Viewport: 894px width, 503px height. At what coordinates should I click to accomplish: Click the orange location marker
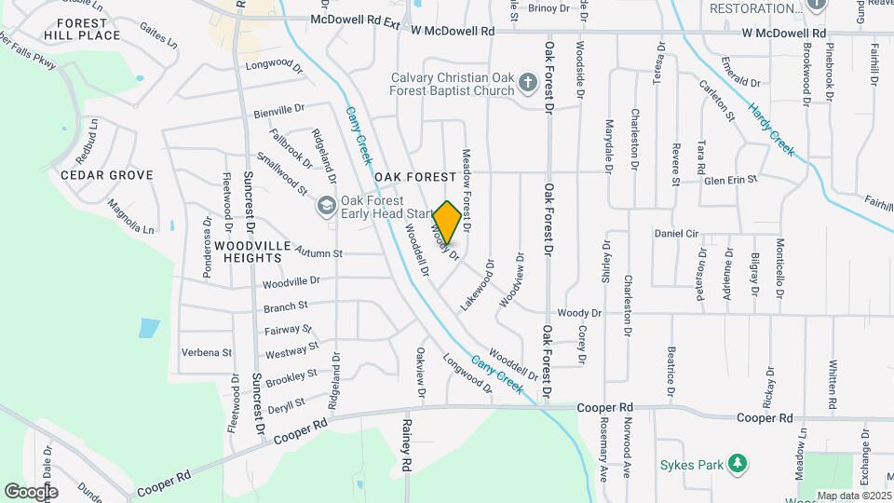(x=447, y=223)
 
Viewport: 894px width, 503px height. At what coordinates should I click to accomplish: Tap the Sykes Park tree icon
(x=738, y=462)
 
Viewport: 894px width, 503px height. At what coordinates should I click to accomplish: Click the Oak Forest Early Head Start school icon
(x=326, y=205)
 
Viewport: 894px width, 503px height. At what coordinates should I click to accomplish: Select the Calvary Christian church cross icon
(x=528, y=84)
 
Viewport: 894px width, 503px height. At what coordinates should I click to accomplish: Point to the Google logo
(x=31, y=491)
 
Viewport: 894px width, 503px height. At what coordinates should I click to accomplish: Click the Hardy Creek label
(x=772, y=129)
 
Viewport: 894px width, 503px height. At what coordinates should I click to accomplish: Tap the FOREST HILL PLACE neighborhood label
(x=88, y=28)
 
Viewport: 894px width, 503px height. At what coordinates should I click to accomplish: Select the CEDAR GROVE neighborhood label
(x=102, y=175)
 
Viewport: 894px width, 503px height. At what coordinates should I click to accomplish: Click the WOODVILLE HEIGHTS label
(x=253, y=244)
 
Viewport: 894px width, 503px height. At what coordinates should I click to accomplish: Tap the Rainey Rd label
(x=406, y=443)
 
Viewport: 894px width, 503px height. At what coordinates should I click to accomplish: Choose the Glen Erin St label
(x=731, y=180)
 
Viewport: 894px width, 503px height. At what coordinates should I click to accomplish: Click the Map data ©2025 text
(x=854, y=496)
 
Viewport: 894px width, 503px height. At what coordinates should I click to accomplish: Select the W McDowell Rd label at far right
(x=784, y=33)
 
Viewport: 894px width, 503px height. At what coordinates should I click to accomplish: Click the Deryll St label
(x=286, y=403)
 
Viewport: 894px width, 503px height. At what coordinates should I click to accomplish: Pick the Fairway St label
(x=288, y=330)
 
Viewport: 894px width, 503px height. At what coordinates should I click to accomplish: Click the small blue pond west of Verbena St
(x=149, y=328)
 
